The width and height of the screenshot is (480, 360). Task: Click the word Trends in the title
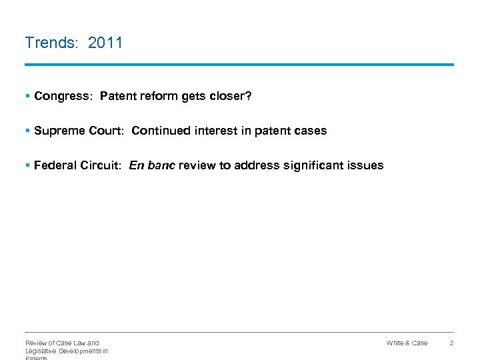tap(51, 43)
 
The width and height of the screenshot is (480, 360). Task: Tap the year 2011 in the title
tap(105, 43)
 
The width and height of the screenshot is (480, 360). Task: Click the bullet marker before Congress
tap(27, 96)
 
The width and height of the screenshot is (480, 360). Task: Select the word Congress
tap(63, 96)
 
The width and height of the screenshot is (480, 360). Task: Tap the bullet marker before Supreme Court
tap(27, 131)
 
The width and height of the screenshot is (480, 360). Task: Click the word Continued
tap(161, 131)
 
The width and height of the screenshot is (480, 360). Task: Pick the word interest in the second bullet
tap(215, 131)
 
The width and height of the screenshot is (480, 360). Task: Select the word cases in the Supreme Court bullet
tap(311, 131)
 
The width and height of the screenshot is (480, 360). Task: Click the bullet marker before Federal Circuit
tap(27, 165)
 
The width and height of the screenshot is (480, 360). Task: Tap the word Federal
tap(55, 165)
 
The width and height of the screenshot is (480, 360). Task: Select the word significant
tap(313, 165)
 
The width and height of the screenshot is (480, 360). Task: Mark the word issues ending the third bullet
tap(367, 165)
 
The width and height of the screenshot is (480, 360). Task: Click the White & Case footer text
tap(407, 343)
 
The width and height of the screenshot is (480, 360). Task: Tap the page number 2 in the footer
tap(451, 343)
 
